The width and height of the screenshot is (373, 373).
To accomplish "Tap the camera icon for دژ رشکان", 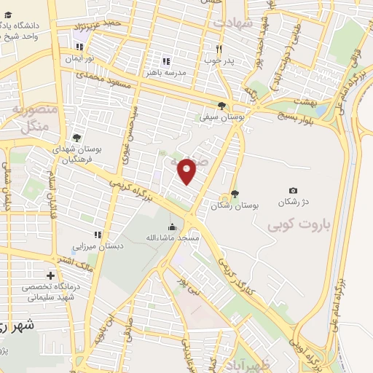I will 293,190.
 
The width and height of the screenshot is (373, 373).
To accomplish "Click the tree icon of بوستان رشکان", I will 234,194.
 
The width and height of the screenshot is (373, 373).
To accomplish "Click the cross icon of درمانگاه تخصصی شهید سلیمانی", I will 50,275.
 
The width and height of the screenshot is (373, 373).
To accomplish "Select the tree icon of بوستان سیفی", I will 222,106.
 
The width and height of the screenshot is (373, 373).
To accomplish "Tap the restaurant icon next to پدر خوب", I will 218,49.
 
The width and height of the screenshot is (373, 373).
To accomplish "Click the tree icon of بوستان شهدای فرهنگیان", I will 77,136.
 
